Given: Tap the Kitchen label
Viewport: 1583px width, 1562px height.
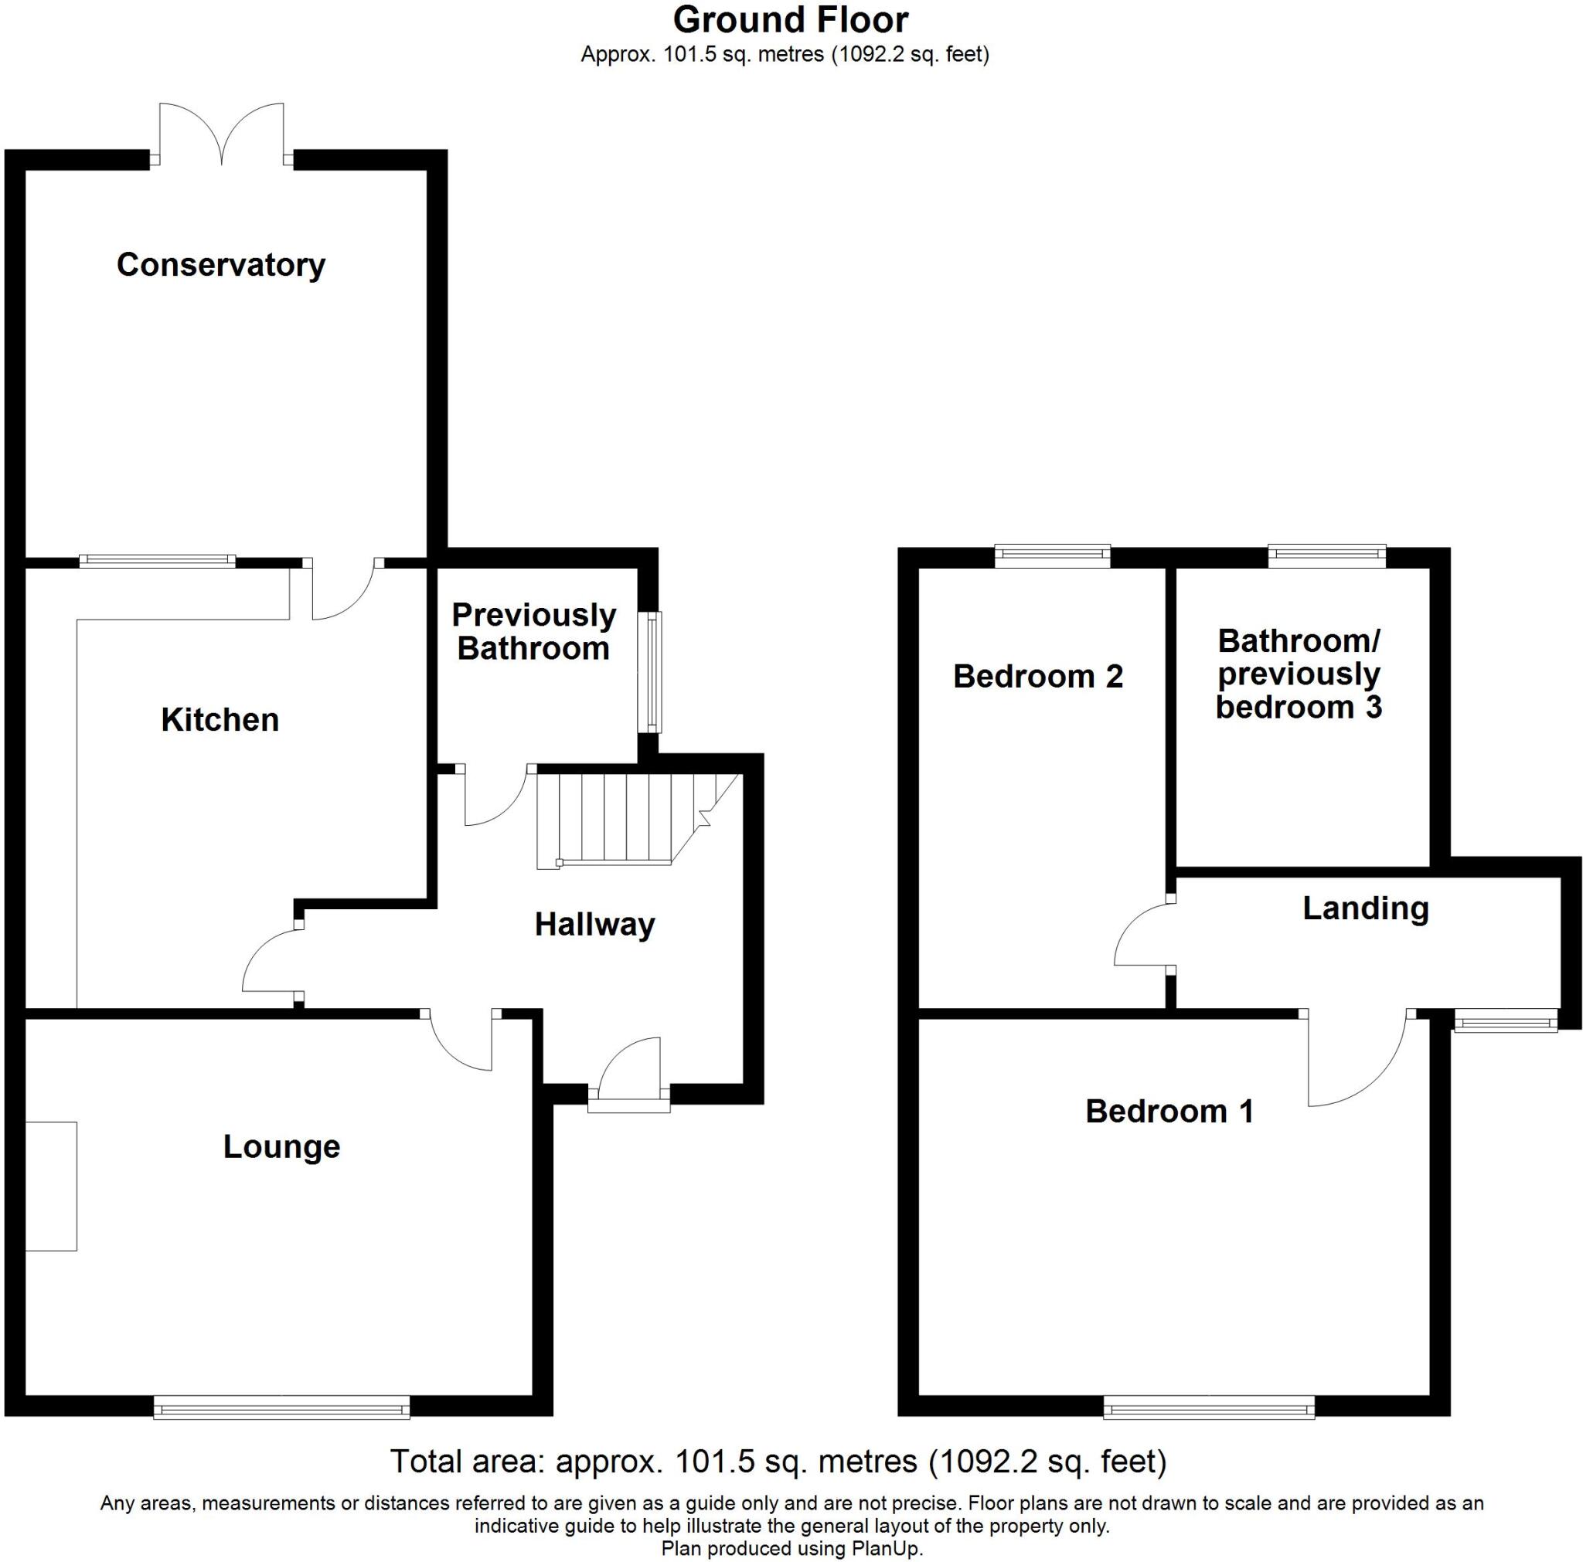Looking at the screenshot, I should [x=220, y=720].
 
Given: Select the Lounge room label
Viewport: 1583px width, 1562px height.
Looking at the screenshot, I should [x=281, y=1146].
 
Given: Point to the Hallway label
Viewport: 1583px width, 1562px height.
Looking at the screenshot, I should [x=594, y=925].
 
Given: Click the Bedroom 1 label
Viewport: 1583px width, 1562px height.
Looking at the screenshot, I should [x=1169, y=1112].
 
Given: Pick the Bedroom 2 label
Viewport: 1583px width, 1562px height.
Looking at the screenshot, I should [x=1037, y=677].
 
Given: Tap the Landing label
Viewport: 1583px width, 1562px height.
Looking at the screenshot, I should [x=1365, y=908].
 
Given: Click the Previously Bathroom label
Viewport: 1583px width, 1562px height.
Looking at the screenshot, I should [x=533, y=631].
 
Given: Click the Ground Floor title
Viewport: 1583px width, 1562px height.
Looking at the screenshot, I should [x=791, y=19].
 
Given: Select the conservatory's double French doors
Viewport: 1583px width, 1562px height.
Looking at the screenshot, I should [x=221, y=131].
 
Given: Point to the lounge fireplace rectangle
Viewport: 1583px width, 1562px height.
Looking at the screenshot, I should [x=51, y=1186].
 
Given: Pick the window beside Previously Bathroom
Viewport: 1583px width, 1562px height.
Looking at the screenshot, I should [x=652, y=671].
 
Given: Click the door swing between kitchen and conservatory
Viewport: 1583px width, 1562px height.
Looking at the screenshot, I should [x=344, y=589].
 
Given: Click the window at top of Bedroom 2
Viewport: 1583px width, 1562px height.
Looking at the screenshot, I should [x=1053, y=556].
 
